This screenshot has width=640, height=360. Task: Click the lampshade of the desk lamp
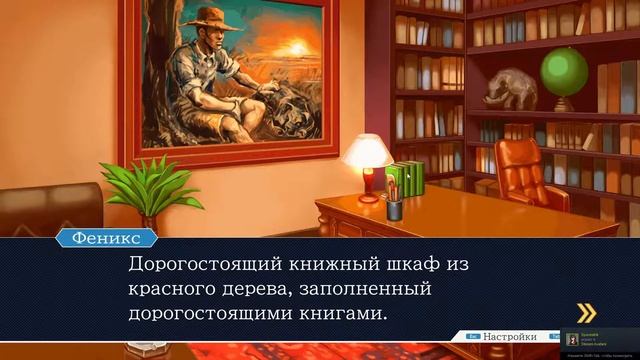pyautogui.click(x=367, y=150)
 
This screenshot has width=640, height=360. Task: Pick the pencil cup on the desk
pyautogui.click(x=395, y=207)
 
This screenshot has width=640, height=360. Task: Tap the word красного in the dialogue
pyautogui.click(x=173, y=290)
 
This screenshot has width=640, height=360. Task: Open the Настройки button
pyautogui.click(x=509, y=337)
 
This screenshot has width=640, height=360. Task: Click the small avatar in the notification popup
pyautogui.click(x=572, y=339)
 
